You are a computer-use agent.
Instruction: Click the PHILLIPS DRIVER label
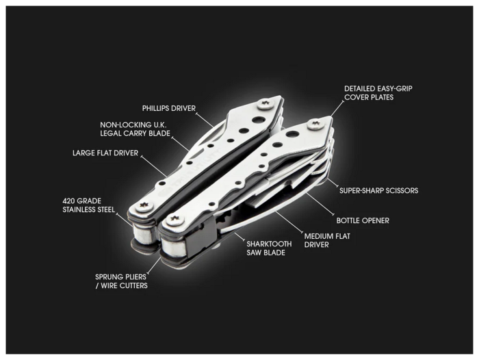pos(168,108)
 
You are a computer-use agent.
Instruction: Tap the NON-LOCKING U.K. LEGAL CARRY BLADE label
pos(135,129)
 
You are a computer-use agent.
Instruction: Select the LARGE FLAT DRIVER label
pos(105,153)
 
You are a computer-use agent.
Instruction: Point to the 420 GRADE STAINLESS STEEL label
pos(88,205)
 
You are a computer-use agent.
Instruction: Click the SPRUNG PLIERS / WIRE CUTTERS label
pos(121,281)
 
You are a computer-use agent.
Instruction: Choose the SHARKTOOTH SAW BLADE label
pos(269,248)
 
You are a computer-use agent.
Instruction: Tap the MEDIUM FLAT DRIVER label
pos(327,240)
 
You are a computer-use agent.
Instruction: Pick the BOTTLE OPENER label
pos(363,220)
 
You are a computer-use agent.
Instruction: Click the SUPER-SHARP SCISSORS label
pos(379,190)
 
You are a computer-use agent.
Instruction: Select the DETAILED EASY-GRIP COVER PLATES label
pos(378,93)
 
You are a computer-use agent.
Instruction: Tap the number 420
pos(68,201)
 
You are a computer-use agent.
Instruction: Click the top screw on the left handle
pos(265,104)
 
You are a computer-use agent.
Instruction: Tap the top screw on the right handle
pos(315,124)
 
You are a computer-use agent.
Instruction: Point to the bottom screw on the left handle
pos(142,206)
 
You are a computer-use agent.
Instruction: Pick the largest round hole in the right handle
pos(294,134)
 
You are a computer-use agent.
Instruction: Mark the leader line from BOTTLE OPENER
pos(320,205)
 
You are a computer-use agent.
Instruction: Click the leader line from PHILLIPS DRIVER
pos(205,120)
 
